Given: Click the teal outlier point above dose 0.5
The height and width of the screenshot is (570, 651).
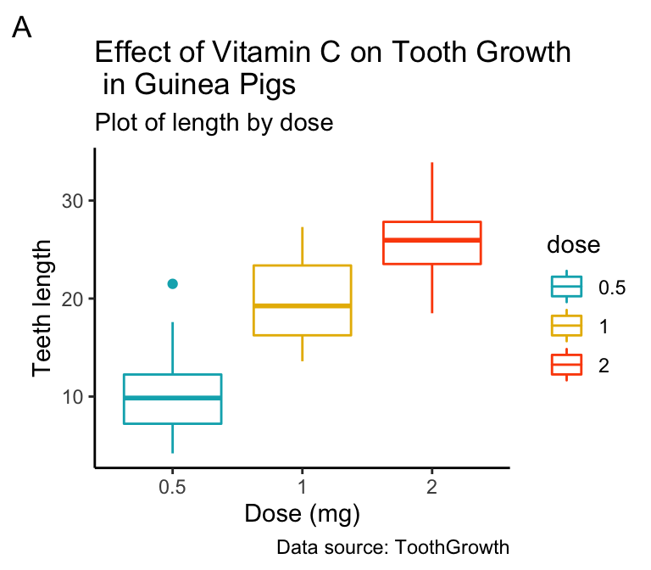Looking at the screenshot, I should pyautogui.click(x=172, y=284).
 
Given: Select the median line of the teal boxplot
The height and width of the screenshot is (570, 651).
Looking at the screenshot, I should pyautogui.click(x=172, y=398).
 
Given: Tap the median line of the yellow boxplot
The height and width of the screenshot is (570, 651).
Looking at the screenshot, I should pyautogui.click(x=302, y=305).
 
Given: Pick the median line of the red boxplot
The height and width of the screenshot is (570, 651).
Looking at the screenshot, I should pyautogui.click(x=432, y=240).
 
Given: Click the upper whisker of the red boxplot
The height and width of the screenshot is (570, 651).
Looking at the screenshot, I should pyautogui.click(x=432, y=192).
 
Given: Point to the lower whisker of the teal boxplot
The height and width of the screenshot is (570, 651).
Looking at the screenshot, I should pyautogui.click(x=172, y=439).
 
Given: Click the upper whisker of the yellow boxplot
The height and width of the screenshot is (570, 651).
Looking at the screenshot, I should pyautogui.click(x=302, y=246).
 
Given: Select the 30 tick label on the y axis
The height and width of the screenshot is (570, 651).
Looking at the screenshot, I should pyautogui.click(x=73, y=201).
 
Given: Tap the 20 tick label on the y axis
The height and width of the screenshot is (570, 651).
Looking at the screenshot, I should pyautogui.click(x=73, y=299).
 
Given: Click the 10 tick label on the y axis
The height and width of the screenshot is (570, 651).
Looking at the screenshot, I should pyautogui.click(x=73, y=396).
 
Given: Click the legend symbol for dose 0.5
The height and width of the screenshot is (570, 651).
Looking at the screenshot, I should pyautogui.click(x=566, y=288).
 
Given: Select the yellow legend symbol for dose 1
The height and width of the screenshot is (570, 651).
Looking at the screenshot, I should pyautogui.click(x=566, y=327).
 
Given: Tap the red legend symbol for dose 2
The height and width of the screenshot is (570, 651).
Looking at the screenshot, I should pyautogui.click(x=566, y=366).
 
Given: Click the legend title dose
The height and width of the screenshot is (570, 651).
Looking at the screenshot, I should pyautogui.click(x=574, y=246).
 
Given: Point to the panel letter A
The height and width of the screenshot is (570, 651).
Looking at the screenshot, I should pyautogui.click(x=22, y=29).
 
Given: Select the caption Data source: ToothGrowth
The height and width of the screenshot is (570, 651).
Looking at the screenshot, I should pyautogui.click(x=392, y=547).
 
